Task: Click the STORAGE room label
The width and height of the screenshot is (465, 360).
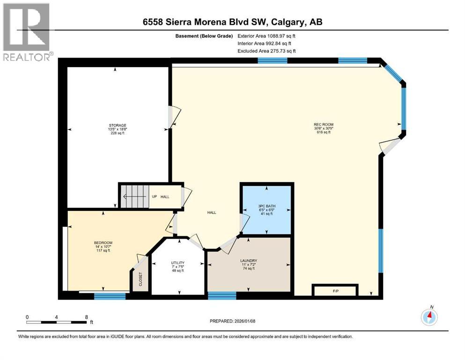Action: (118, 125)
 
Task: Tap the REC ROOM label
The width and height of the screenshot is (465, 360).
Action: (323, 125)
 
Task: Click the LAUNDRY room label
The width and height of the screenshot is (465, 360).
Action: (249, 261)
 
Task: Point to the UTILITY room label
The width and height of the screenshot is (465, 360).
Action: (177, 262)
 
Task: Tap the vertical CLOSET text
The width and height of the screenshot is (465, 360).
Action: (140, 279)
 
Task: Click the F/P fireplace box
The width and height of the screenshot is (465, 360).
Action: (335, 291)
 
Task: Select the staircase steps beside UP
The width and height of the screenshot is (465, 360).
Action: (135, 196)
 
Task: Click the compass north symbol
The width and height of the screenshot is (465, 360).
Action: (429, 317)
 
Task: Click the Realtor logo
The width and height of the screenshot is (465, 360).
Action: (26, 32)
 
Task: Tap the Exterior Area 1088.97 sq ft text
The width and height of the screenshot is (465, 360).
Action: (266, 36)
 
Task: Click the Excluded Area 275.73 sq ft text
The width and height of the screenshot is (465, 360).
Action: (266, 51)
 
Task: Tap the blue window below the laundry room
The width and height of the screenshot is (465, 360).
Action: (222, 295)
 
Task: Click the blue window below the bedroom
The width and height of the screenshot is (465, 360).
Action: (110, 296)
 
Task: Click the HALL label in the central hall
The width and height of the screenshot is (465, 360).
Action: (212, 212)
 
